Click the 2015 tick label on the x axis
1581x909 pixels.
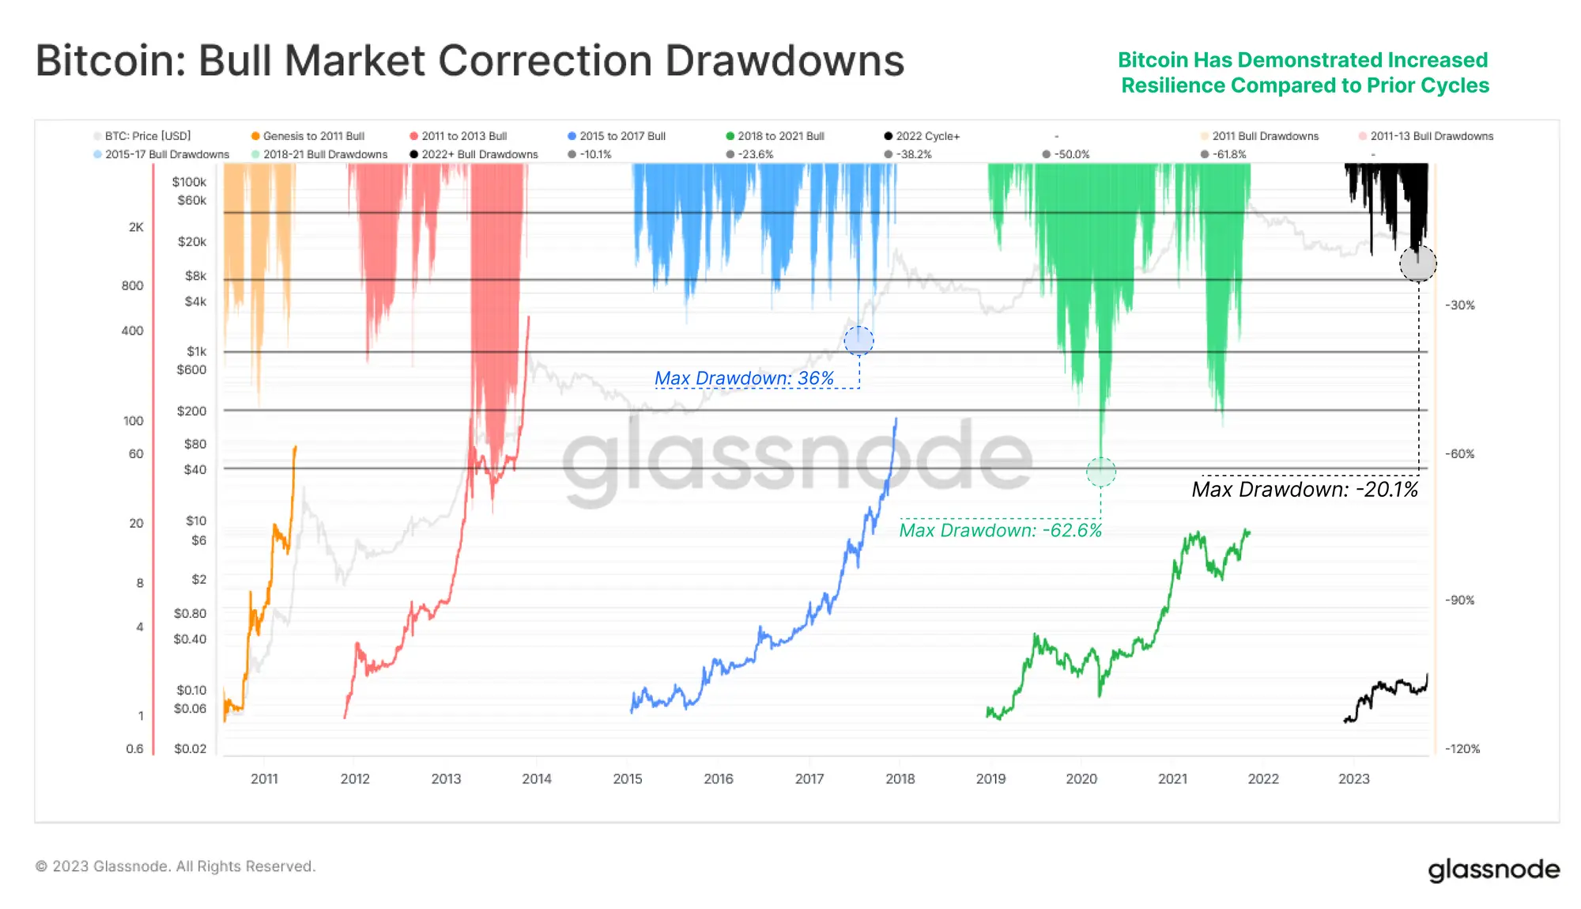(628, 778)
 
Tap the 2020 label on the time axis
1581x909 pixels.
(1081, 778)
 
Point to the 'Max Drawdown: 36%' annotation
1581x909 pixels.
(744, 378)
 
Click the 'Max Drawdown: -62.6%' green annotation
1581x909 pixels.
(1000, 530)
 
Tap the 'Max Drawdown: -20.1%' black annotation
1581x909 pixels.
(1304, 490)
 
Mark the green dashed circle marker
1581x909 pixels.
(1100, 472)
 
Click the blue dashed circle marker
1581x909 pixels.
(858, 341)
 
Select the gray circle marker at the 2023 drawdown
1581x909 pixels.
(1417, 263)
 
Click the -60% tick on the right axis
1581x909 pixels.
(1460, 454)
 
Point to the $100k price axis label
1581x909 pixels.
(189, 182)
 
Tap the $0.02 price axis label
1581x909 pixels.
(190, 748)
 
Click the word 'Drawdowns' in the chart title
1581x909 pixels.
(784, 61)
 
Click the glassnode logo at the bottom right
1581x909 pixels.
(1493, 869)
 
